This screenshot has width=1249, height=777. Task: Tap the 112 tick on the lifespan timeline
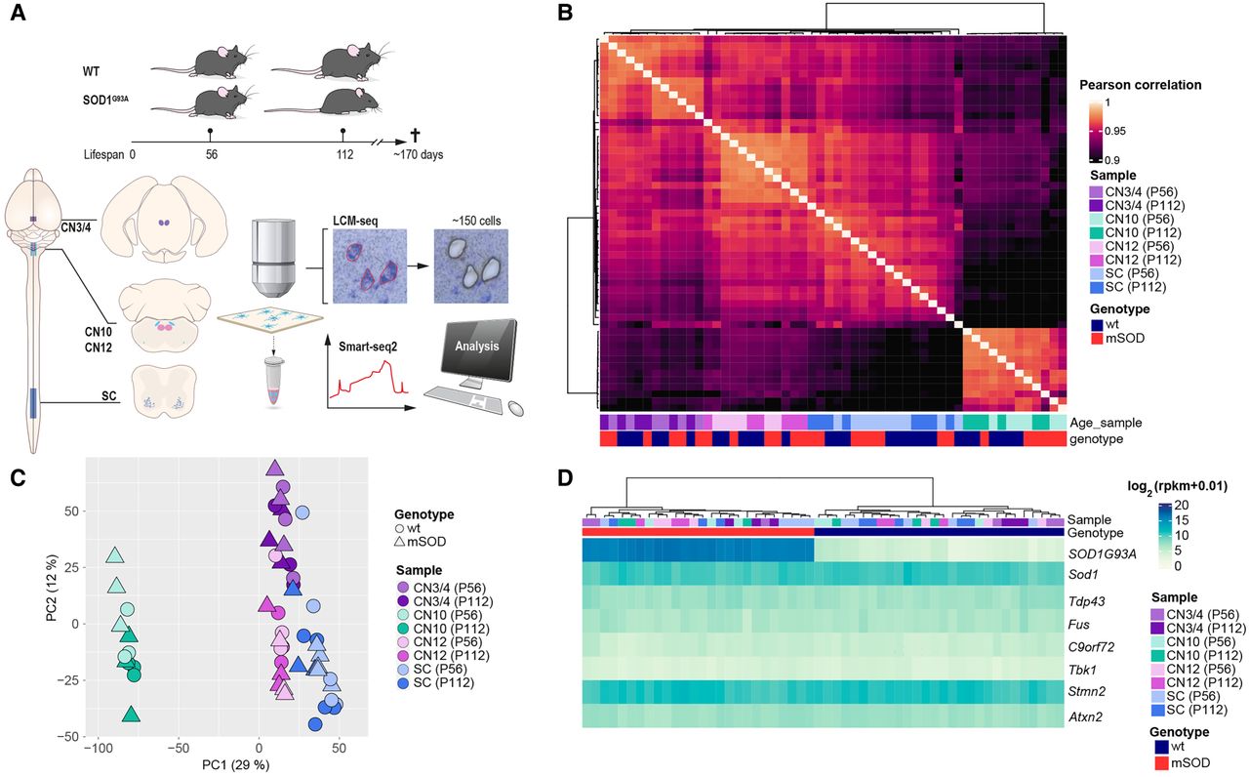(x=342, y=153)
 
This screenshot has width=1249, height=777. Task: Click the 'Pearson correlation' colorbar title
(x=1140, y=85)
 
